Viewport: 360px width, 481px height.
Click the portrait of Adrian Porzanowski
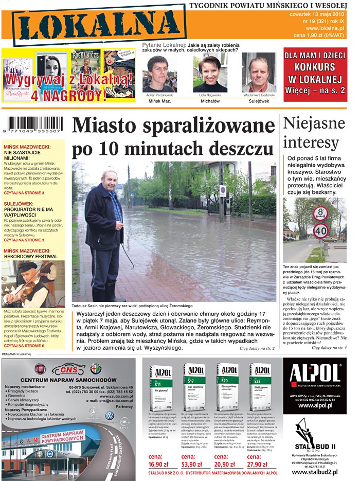[x=159, y=73]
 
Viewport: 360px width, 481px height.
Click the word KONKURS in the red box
[x=315, y=67]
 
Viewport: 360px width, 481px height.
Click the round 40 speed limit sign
[x=320, y=230]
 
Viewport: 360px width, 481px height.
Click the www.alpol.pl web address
[x=314, y=405]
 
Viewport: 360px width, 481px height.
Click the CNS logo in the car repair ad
[x=71, y=369]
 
